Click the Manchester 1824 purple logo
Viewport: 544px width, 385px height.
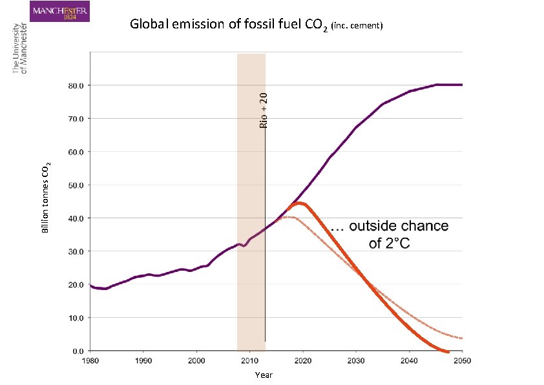(60, 11)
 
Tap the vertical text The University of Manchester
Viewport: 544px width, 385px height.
(20, 48)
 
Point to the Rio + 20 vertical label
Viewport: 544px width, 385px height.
(262, 109)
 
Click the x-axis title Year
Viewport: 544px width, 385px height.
(264, 375)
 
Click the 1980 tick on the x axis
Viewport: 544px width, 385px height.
(90, 359)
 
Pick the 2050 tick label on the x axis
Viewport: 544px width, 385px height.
(461, 359)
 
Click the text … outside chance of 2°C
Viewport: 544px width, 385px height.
(389, 234)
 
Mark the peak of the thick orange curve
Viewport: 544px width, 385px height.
(297, 203)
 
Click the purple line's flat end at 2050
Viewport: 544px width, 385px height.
(461, 85)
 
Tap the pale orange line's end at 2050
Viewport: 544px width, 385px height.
(461, 338)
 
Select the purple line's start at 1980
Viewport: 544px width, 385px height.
(91, 286)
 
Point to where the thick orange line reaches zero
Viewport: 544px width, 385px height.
(446, 351)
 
